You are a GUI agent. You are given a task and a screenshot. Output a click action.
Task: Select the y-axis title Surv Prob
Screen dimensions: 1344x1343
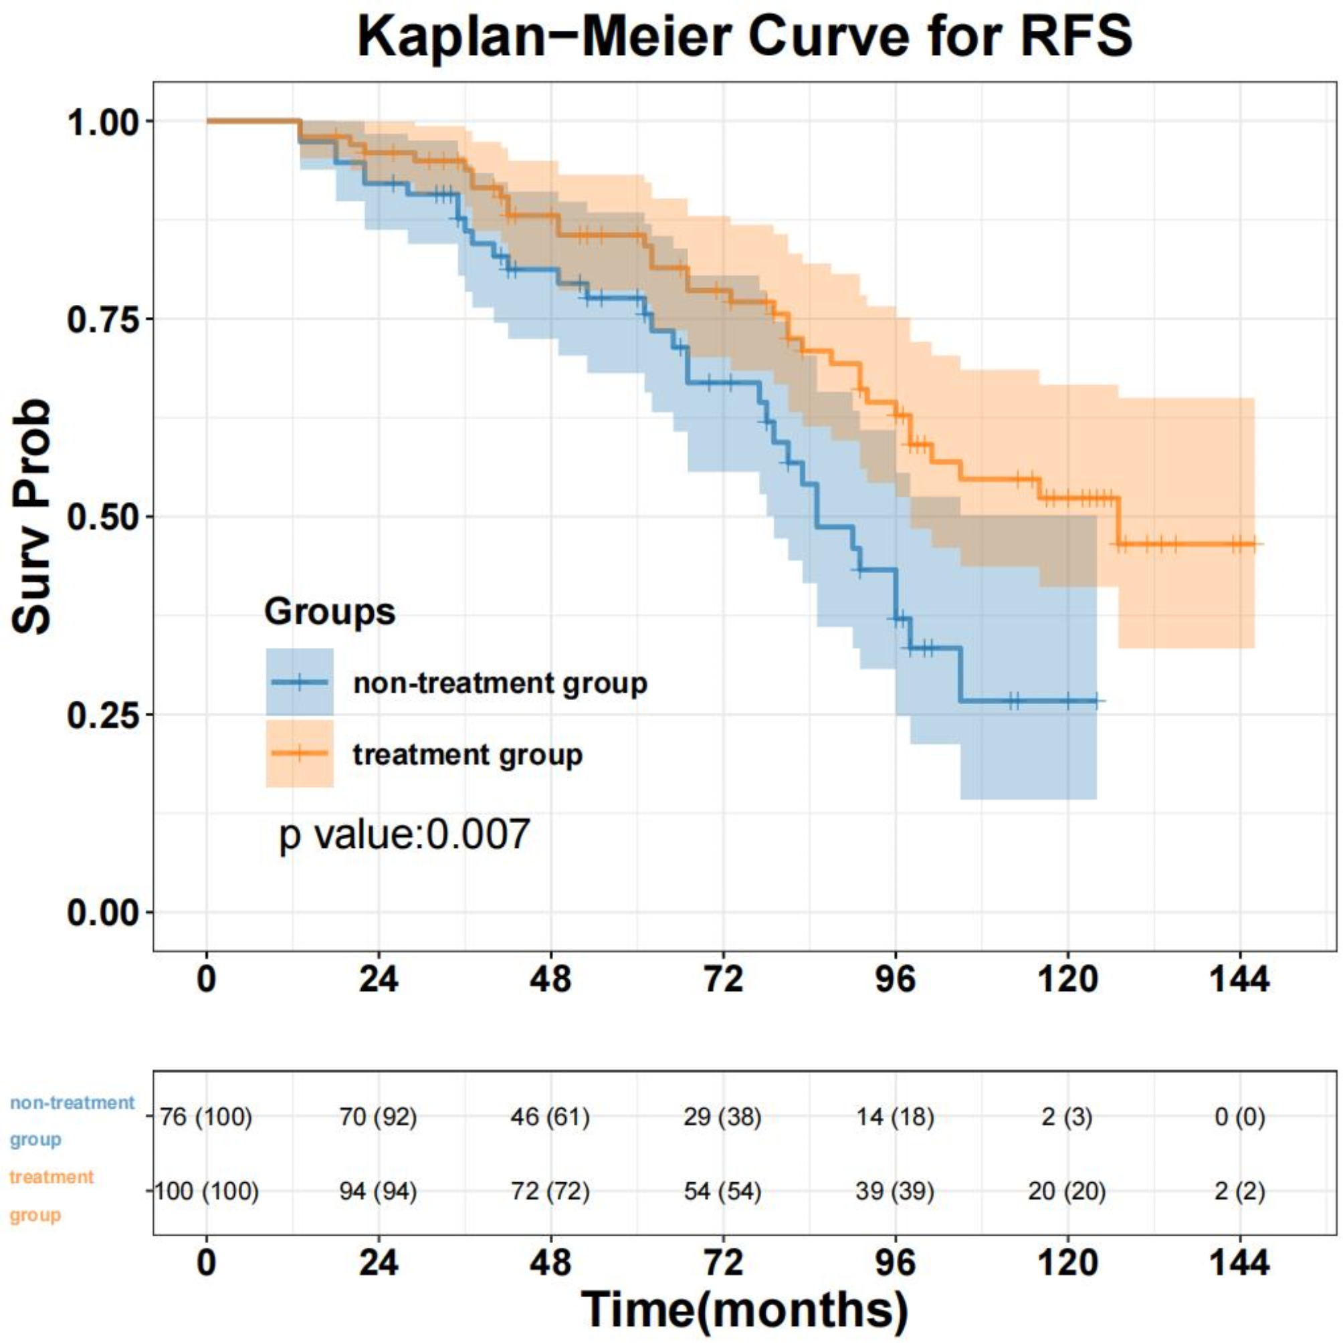click(x=32, y=516)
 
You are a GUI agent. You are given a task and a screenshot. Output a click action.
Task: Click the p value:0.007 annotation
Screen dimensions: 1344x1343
click(x=404, y=834)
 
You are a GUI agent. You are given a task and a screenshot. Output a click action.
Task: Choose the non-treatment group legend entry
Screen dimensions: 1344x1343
click(x=500, y=683)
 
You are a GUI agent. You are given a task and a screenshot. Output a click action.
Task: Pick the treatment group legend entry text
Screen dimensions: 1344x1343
click(x=467, y=754)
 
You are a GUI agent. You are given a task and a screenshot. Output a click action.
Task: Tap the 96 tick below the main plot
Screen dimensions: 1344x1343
click(x=895, y=980)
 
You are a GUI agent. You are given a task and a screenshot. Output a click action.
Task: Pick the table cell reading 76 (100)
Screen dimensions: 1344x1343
click(x=206, y=1117)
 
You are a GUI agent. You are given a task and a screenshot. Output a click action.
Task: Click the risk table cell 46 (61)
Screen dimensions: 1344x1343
click(x=550, y=1117)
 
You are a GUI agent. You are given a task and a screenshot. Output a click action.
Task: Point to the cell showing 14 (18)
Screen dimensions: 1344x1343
click(x=895, y=1117)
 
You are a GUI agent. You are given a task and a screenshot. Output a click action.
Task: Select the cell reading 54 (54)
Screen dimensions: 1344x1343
click(x=722, y=1191)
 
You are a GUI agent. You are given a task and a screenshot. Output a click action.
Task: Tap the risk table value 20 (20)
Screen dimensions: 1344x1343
click(x=1067, y=1191)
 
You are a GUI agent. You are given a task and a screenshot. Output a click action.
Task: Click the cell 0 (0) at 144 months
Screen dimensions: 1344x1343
click(x=1239, y=1117)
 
